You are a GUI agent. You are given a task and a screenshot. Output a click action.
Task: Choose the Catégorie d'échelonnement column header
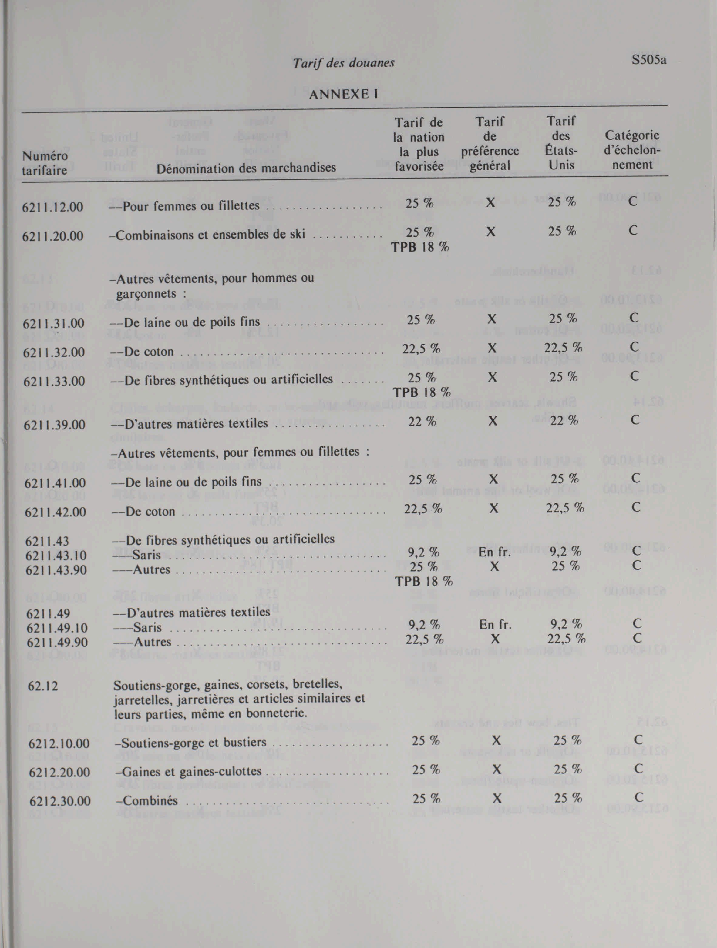coord(632,150)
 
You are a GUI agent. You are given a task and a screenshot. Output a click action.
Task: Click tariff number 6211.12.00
coord(53,207)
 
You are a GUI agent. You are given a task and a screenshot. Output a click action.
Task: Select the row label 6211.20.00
coord(53,236)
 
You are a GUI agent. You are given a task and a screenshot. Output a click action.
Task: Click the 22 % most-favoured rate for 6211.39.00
coord(422,422)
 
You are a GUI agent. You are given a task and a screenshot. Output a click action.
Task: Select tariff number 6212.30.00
coord(60,801)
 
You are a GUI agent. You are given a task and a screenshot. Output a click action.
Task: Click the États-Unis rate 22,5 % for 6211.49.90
coord(566,639)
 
